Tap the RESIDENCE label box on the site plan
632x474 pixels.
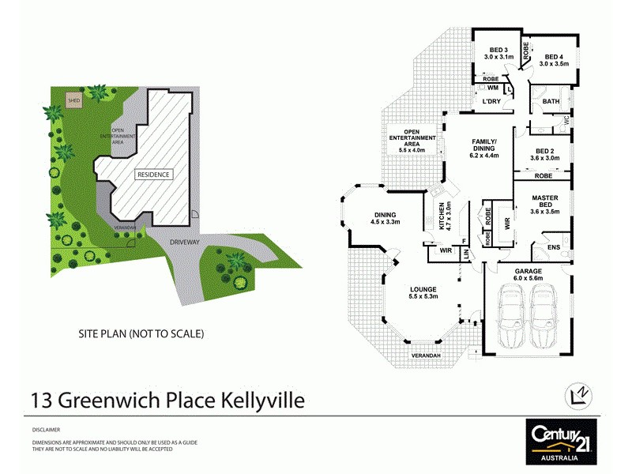(153, 174)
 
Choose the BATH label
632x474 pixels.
(551, 102)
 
